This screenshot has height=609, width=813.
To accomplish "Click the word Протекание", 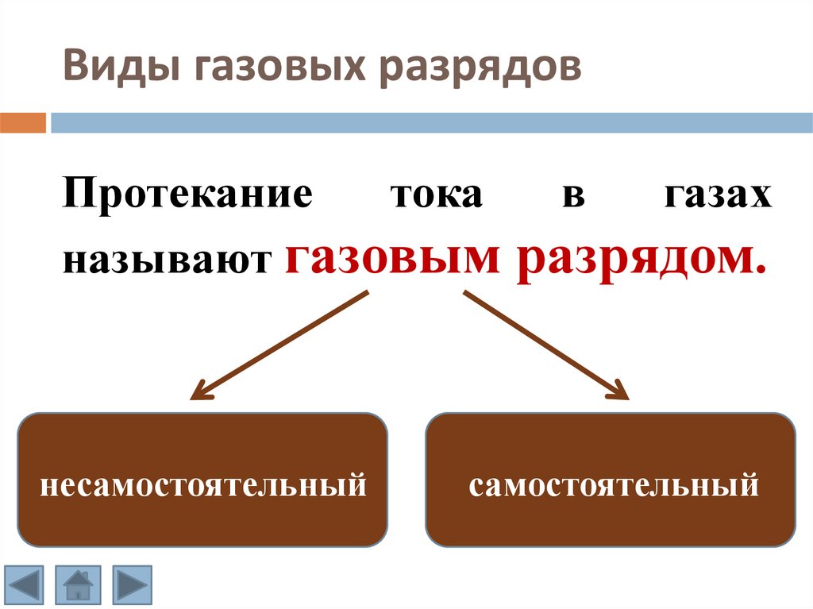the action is tap(188, 195).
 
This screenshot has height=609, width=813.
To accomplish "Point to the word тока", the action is tap(436, 195).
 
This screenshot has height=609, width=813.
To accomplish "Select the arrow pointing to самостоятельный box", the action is tap(545, 345).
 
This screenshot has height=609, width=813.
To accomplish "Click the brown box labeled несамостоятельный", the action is tap(202, 480).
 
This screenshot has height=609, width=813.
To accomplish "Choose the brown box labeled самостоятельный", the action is tap(610, 480).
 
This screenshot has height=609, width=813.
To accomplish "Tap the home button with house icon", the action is tap(78, 585).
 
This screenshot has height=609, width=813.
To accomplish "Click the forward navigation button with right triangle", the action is tap(132, 585).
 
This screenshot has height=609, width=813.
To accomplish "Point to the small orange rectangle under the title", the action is tap(23, 123).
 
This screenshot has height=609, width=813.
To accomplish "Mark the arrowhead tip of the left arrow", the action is tap(191, 398).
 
